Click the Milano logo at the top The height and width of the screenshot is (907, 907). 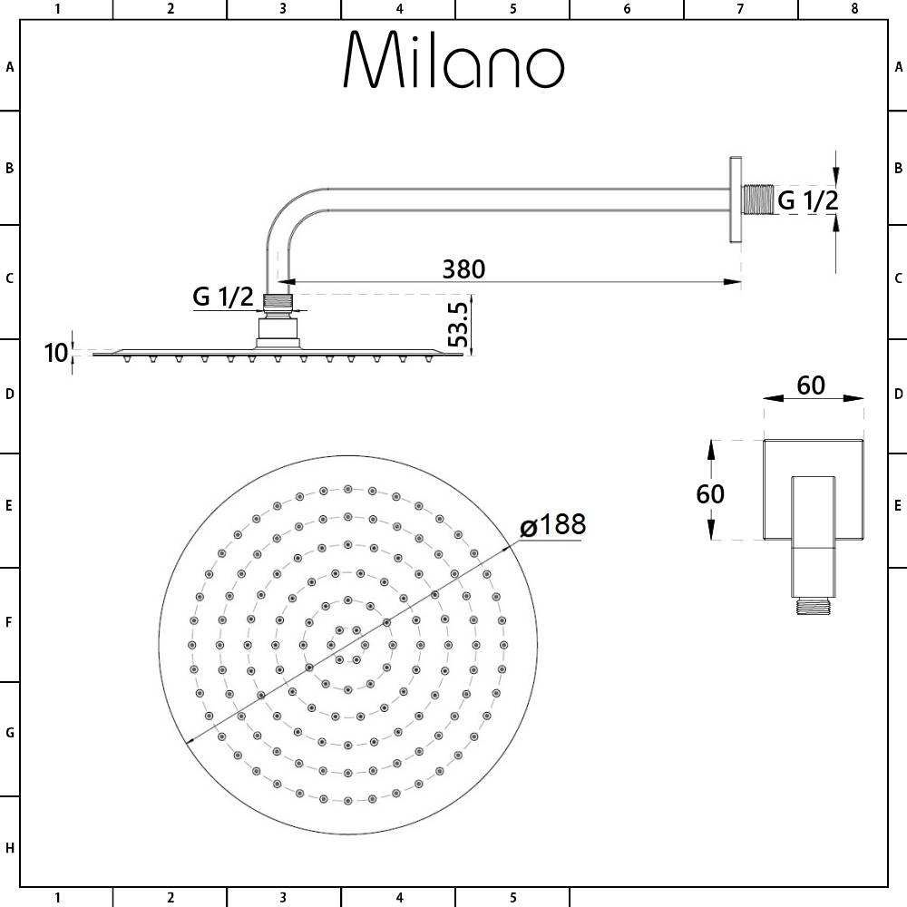(x=453, y=62)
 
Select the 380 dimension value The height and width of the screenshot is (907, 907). (x=463, y=269)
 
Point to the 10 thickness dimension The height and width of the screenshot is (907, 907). (x=56, y=352)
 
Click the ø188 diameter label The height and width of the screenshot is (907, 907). (x=552, y=524)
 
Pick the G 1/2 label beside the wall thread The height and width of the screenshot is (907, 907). (x=808, y=200)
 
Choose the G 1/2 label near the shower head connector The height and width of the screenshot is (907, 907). (x=222, y=296)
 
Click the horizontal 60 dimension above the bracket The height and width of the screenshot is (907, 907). (x=811, y=385)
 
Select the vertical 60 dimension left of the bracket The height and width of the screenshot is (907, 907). (x=710, y=493)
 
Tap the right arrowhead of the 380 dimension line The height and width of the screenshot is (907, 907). (x=735, y=282)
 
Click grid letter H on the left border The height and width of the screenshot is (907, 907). (x=9, y=848)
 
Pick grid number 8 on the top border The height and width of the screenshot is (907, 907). (x=853, y=9)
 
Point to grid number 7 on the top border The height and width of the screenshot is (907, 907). (x=740, y=9)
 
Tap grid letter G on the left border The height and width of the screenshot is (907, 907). (x=9, y=733)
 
